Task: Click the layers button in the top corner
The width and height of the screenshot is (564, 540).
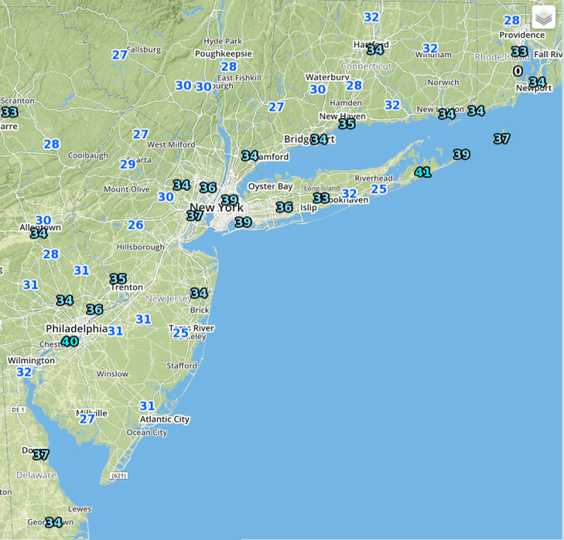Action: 543,17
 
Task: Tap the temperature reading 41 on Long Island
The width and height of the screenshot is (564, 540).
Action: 422,172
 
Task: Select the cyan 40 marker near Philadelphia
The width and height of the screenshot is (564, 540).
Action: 70,342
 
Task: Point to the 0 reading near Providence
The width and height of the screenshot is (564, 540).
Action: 518,70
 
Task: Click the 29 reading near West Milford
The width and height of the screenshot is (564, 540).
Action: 127,164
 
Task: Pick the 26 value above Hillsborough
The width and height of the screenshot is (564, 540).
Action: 135,226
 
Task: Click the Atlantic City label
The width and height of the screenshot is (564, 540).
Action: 164,419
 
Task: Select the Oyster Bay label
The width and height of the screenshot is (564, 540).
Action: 270,186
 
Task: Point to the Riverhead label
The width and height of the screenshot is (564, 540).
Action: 373,178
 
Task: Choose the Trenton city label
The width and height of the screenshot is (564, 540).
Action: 127,287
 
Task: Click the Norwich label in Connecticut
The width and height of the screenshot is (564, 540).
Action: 443,82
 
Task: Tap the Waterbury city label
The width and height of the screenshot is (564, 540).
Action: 327,77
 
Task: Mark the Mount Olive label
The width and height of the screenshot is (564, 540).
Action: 126,189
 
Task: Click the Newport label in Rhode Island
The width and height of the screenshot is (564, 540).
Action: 533,88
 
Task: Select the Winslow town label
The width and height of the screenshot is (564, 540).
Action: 112,374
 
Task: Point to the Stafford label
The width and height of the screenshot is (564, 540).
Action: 181,366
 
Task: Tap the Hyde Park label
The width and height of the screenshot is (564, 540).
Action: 223,41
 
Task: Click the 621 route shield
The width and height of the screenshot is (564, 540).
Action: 119,476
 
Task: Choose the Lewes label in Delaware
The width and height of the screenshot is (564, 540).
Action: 80,509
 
